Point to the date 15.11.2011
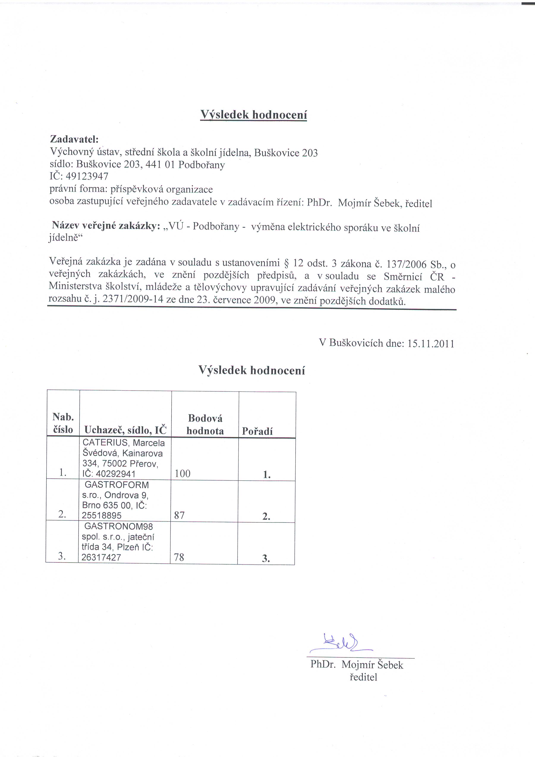point(431,344)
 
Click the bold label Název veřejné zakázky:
point(106,226)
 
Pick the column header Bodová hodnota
point(205,425)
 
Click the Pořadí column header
point(257,431)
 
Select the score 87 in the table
point(179,515)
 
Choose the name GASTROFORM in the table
point(117,485)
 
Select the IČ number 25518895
point(102,515)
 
